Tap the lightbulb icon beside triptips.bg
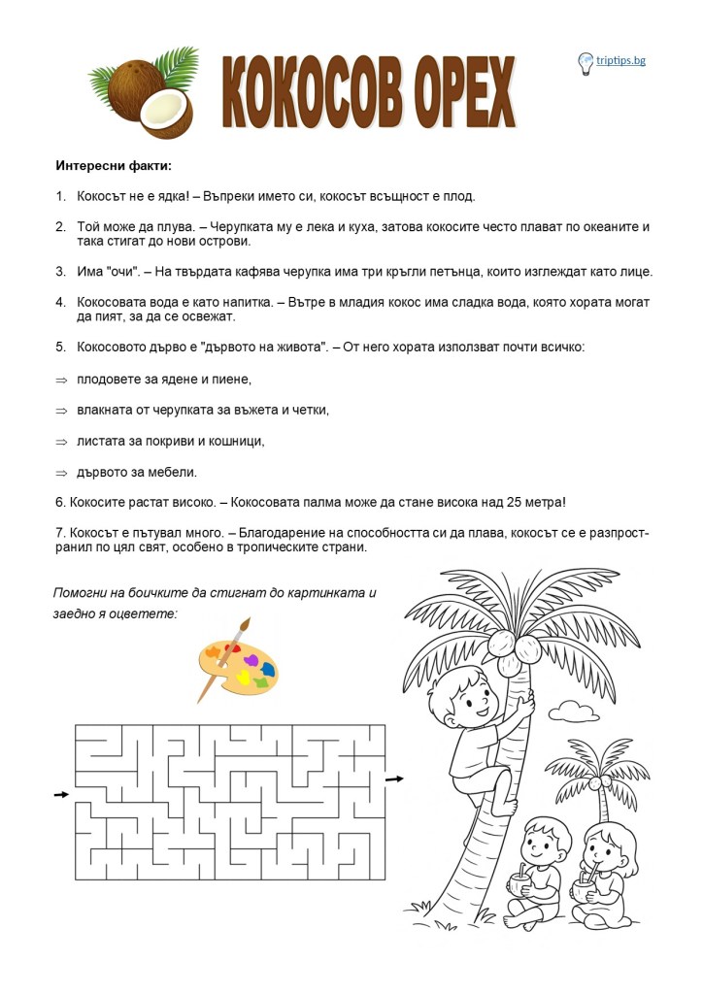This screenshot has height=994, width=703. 586,62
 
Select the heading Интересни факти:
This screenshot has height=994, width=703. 114,165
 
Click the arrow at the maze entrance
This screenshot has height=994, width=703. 61,795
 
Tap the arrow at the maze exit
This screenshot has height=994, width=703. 394,779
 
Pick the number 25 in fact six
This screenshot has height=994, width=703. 514,502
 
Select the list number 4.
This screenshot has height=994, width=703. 60,302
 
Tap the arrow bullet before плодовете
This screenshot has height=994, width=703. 60,379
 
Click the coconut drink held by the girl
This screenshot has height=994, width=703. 583,884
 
